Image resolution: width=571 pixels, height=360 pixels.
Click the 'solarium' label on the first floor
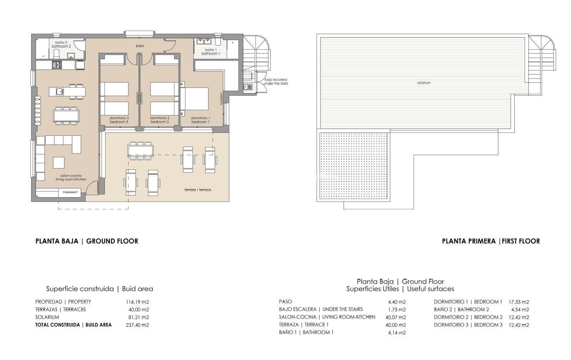tap(424, 82)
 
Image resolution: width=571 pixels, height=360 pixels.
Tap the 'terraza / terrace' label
tap(197, 190)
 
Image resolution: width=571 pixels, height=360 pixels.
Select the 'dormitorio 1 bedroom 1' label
tap(200, 120)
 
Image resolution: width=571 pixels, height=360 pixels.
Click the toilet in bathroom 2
tap(56, 54)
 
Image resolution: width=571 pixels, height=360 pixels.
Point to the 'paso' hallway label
tap(140, 46)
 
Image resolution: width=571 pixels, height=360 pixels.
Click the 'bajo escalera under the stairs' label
tap(276, 81)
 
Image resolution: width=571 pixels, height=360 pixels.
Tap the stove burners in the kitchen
tap(57, 65)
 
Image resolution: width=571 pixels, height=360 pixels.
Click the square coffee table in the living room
tap(59, 162)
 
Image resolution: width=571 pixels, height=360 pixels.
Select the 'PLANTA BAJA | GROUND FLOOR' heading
tap(87, 241)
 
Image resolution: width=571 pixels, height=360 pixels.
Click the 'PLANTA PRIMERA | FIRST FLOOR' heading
tap(491, 241)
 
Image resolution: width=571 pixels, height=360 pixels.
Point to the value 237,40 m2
tap(137, 325)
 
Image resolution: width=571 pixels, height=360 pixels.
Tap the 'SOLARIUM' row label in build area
tap(47, 317)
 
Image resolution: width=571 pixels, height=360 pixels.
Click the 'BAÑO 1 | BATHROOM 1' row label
tap(306, 332)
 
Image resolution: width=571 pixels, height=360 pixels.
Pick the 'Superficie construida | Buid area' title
tap(99, 289)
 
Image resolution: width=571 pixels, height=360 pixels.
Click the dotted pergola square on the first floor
tap(353, 166)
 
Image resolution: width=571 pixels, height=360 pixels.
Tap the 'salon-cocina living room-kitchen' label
tap(71, 177)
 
